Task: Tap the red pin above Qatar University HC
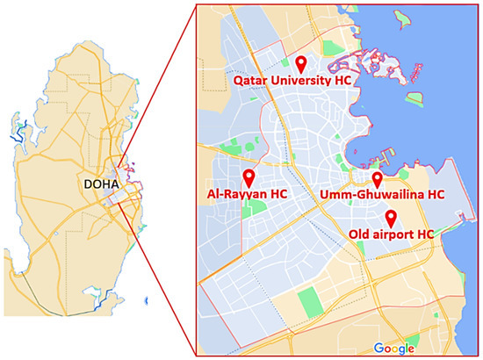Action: (x=300, y=63)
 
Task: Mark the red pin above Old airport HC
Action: (x=391, y=218)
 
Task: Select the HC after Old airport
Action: (x=424, y=234)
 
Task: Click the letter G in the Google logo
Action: (x=377, y=349)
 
